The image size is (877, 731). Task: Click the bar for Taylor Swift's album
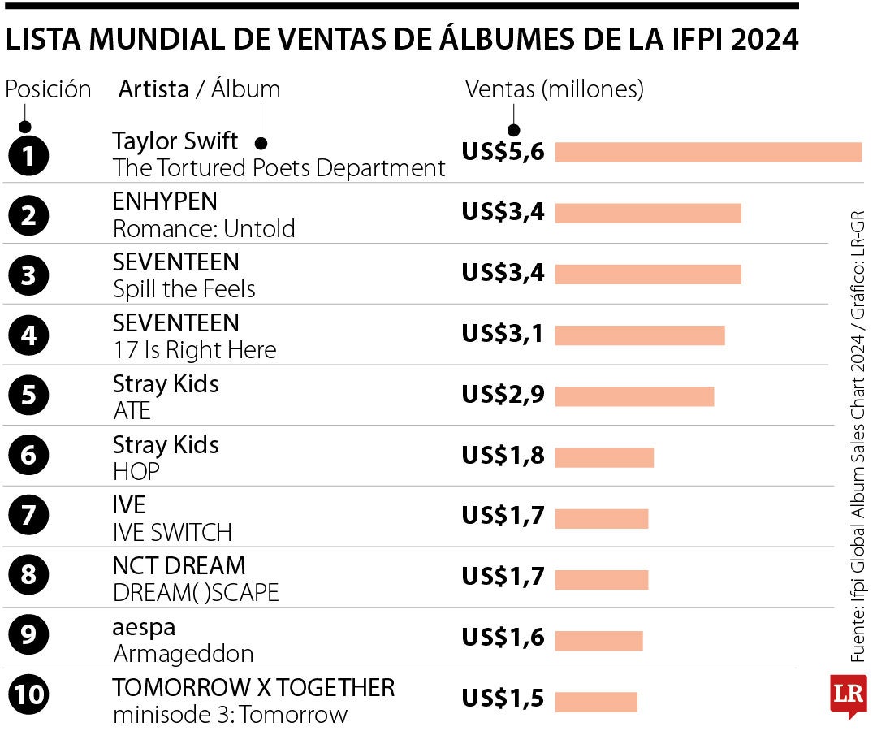(x=707, y=152)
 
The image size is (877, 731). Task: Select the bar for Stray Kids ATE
(x=633, y=396)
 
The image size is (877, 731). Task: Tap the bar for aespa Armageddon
(x=598, y=640)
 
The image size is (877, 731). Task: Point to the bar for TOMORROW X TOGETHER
(x=596, y=701)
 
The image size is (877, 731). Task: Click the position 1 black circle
(x=28, y=155)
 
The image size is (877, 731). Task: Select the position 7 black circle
(x=28, y=515)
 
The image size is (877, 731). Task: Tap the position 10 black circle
(x=28, y=695)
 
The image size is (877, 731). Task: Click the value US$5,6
(x=503, y=152)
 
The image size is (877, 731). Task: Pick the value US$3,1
(x=503, y=334)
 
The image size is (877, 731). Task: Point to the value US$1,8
(x=503, y=456)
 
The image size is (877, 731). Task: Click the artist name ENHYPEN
(x=165, y=201)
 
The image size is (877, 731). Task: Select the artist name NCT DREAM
(x=179, y=565)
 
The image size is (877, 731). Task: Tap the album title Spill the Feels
(x=184, y=289)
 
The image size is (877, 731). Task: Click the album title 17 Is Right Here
(x=195, y=350)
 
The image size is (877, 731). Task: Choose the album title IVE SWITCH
(x=172, y=532)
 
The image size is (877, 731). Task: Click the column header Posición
(x=48, y=89)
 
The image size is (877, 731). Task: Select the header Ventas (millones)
(x=554, y=89)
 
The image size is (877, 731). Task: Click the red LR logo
(x=848, y=694)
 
